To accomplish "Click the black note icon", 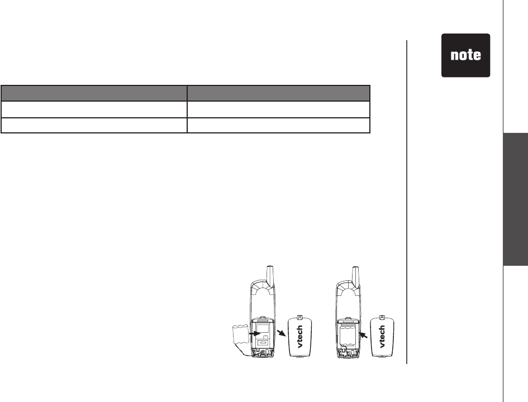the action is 466,55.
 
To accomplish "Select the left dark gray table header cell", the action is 94,93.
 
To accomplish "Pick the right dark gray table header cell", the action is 278,93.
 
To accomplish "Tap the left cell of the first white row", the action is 94,109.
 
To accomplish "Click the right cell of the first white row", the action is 278,109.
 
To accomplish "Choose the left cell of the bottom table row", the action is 94,125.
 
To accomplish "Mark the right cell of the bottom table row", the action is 278,125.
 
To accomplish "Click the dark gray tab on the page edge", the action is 516,199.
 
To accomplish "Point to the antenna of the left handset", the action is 270,275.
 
